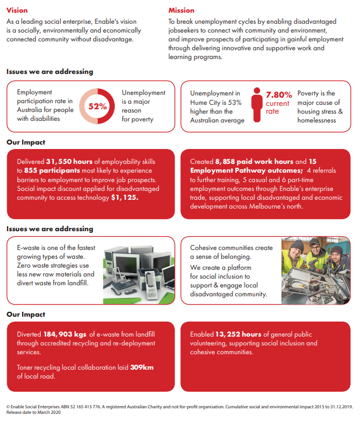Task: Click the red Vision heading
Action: (x=17, y=10)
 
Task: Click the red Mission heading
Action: (x=181, y=10)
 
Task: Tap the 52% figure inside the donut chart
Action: (x=98, y=106)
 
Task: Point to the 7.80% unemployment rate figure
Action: (x=279, y=95)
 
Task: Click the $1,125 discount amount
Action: (x=125, y=197)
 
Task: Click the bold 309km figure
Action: (x=142, y=367)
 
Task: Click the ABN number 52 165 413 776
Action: (x=85, y=407)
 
